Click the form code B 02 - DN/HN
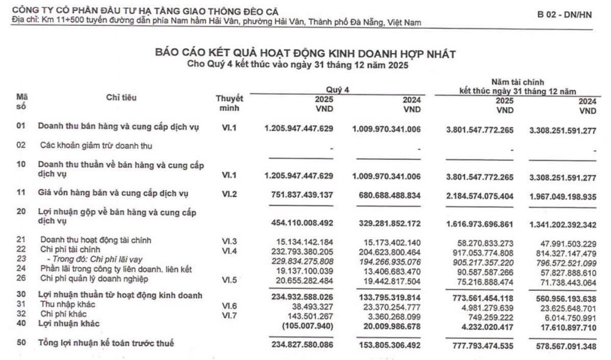coord(564,15)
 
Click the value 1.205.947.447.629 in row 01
coord(299,129)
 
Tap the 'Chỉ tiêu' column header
coord(121,98)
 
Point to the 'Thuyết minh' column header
coord(230,103)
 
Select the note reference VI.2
coord(230,194)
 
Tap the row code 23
coord(21,259)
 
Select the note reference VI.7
coord(230,314)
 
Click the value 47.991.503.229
coord(566,243)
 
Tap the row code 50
coord(21,343)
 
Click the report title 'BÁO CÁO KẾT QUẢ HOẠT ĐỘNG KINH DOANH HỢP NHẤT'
coord(305,54)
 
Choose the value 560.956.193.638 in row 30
coord(563,297)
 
